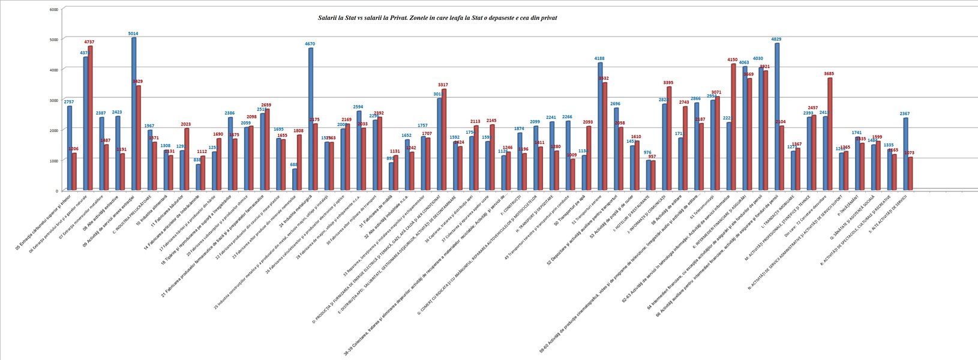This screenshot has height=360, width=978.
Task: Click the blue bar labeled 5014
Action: click(134, 114)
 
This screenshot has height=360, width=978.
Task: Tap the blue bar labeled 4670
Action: click(311, 119)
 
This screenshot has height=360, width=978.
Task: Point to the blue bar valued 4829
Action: click(777, 117)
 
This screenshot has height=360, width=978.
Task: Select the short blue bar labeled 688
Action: click(295, 179)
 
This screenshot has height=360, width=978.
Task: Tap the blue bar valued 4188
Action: click(600, 127)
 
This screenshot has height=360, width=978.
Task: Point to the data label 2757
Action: click(69, 102)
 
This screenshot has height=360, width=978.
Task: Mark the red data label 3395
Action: click(669, 83)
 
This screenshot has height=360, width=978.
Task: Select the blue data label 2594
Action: click(359, 107)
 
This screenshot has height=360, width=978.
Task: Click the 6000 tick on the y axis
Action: click(53, 10)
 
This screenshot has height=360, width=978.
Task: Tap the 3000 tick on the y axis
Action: click(53, 100)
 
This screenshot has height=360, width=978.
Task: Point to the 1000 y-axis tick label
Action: click(53, 161)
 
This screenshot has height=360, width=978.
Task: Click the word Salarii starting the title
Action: click(328, 18)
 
